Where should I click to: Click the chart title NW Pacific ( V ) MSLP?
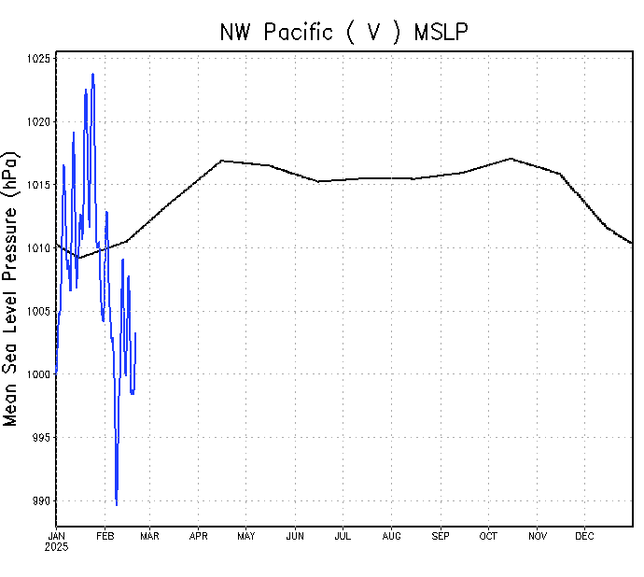[343, 32]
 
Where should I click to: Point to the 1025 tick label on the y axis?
[40, 59]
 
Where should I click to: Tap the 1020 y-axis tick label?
[40, 121]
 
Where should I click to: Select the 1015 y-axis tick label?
[40, 185]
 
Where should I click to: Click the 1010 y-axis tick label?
[40, 248]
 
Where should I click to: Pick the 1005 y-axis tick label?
[40, 311]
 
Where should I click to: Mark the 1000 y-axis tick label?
[40, 374]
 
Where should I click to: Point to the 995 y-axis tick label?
[43, 438]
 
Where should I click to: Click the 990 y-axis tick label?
[43, 501]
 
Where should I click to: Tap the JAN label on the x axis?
[57, 536]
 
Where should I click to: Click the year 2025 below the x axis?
[57, 546]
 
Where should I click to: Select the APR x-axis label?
[199, 536]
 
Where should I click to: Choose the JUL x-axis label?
[343, 536]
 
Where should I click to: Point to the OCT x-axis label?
[488, 536]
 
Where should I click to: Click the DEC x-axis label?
[584, 536]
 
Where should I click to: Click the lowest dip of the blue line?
[117, 505]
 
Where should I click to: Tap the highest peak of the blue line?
[92, 74]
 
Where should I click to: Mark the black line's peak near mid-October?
[511, 158]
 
